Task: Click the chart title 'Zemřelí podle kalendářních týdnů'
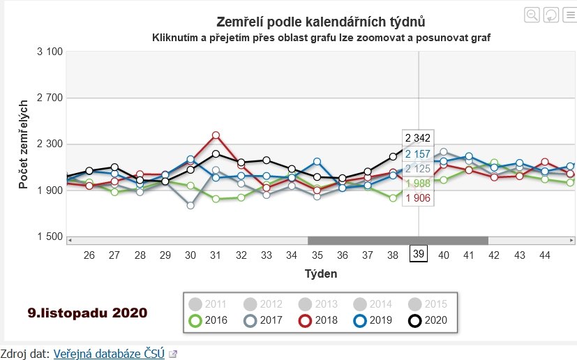(321, 22)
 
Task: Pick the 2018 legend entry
(317, 321)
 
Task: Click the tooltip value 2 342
(418, 137)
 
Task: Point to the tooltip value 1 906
(418, 198)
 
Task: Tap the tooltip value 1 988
(418, 183)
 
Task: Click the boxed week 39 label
(419, 255)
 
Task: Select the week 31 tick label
(216, 255)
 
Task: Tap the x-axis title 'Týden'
(321, 274)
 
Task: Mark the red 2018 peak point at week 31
(216, 135)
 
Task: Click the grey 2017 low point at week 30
(190, 205)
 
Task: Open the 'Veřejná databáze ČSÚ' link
(109, 354)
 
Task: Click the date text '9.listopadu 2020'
(88, 313)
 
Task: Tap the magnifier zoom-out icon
(532, 15)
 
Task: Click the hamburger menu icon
(569, 15)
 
